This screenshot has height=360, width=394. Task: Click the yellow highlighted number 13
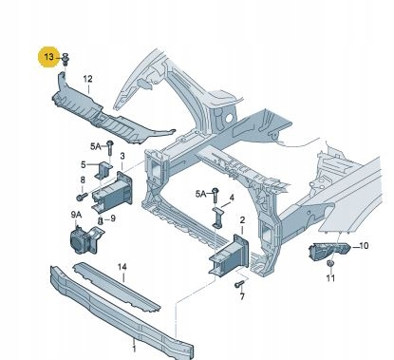click(x=49, y=57)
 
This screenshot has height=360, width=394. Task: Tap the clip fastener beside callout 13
click(x=66, y=60)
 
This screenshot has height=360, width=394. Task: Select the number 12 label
click(x=87, y=79)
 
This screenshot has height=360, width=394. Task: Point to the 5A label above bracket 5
click(x=95, y=146)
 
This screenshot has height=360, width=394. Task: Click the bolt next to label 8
click(x=82, y=197)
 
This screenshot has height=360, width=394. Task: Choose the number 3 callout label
click(x=122, y=156)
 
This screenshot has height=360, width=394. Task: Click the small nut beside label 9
click(x=101, y=220)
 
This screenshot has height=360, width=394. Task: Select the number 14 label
click(x=122, y=267)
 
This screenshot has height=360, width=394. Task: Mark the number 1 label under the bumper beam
click(x=134, y=349)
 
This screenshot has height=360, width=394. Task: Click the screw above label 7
click(x=240, y=284)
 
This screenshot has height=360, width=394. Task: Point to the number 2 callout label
click(x=242, y=219)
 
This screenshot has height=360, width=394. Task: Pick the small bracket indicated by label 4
click(x=218, y=218)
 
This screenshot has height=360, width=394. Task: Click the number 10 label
click(x=364, y=245)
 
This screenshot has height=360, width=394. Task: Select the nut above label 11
click(x=330, y=264)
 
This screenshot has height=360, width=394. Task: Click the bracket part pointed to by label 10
click(x=329, y=252)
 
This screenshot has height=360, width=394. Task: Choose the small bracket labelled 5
click(x=103, y=171)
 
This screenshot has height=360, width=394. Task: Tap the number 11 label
click(x=330, y=278)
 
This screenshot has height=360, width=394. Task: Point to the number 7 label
click(x=242, y=296)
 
